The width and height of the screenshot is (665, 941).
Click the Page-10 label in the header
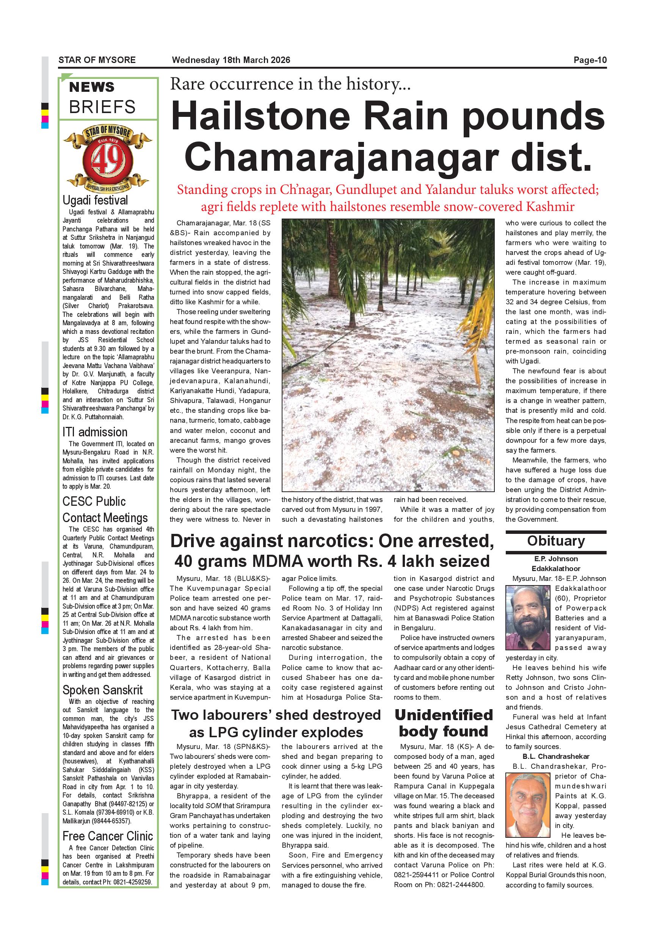pos(590,60)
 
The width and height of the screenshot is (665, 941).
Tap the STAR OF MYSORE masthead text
pos(97,60)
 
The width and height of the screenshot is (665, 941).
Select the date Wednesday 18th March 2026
pos(231,60)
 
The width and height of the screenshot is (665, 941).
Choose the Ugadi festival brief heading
pos(95,200)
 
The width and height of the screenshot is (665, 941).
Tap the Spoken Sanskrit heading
pos(102,690)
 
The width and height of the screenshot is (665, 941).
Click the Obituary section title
pos(556,541)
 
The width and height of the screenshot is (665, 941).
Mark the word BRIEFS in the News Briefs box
pos(102,107)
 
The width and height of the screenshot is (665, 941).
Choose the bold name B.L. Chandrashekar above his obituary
pos(556,757)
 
